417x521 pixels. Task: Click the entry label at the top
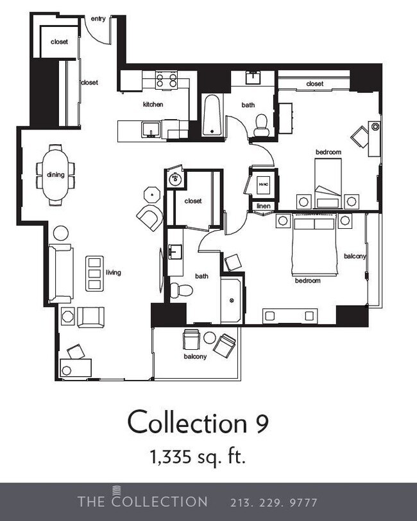[x=98, y=19]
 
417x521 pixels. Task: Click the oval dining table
[x=55, y=174]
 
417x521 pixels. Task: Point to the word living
[x=114, y=272]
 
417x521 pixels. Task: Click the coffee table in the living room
[x=94, y=274]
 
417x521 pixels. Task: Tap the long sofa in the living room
[x=61, y=274]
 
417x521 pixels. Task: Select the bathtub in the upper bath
[x=212, y=115]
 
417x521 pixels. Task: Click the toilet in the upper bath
[x=261, y=124]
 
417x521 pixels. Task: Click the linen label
[x=263, y=206]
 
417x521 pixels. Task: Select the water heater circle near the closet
[x=174, y=179]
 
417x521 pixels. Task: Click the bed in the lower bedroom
[x=314, y=245]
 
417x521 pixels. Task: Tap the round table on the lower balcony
[x=209, y=338]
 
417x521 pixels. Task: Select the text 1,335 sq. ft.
[x=198, y=457]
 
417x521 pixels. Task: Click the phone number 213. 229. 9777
[x=273, y=502]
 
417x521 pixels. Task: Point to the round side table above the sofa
[x=62, y=233]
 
